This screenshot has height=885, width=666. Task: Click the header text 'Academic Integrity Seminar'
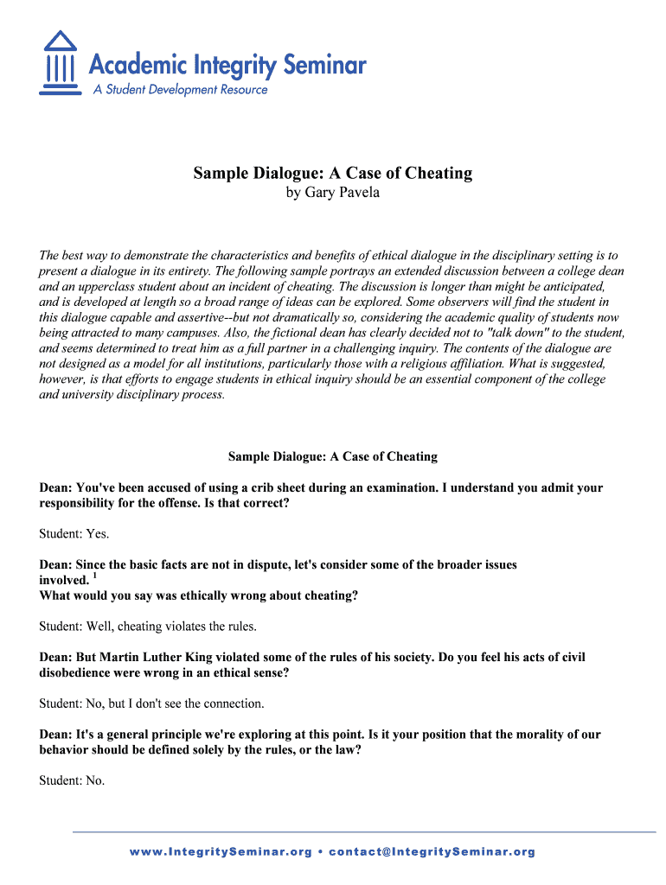227,65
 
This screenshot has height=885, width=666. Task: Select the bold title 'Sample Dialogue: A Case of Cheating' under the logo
332,173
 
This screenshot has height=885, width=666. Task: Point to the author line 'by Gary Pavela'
332,192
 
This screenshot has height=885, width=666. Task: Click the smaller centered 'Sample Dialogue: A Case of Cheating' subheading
332,456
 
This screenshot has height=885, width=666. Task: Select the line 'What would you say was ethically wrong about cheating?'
199,595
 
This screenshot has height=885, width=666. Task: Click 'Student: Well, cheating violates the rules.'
148,626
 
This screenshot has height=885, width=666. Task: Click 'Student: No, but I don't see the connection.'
152,703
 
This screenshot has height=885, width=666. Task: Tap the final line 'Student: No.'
72,780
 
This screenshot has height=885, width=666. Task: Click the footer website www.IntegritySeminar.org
221,851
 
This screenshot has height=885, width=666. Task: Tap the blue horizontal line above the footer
363,831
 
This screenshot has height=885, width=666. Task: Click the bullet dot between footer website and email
320,851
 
